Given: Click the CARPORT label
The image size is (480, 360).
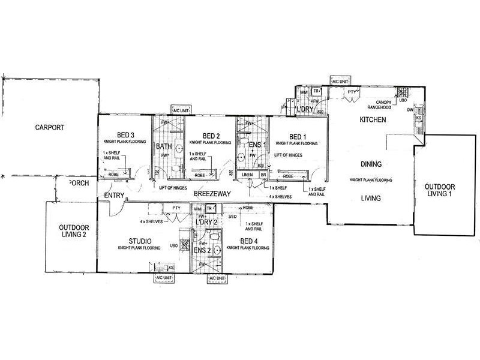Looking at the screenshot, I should point(49,127).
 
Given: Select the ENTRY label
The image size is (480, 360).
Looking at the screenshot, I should point(113,196).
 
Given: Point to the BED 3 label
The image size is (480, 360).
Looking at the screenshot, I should point(125,135).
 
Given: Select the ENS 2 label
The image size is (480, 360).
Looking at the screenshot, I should point(201,249).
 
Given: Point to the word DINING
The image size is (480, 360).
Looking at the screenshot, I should point(372,164).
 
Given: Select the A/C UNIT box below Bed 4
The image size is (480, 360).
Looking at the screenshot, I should point(217,279).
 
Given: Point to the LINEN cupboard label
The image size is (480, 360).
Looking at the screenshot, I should point(246,175).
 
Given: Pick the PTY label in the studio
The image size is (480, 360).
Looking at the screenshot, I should point(176,208).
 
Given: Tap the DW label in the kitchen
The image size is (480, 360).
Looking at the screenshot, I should point(410,110).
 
